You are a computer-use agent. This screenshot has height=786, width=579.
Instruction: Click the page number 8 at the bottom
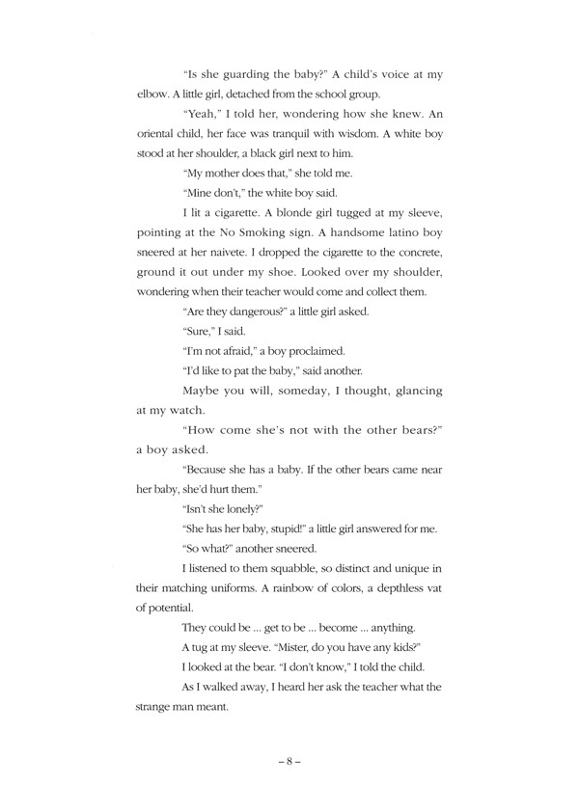click(x=289, y=762)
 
